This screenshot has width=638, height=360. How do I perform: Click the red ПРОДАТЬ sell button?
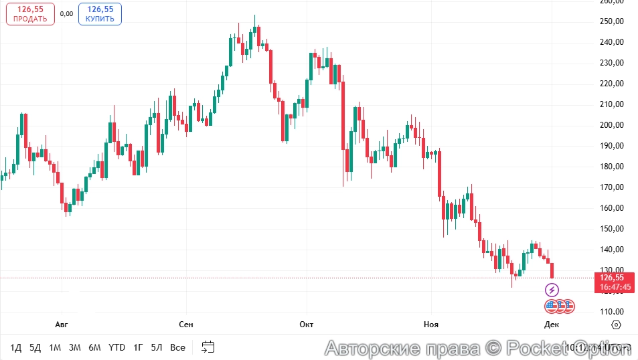click(x=30, y=14)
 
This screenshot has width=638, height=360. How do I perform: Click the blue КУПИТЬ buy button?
click(x=100, y=14)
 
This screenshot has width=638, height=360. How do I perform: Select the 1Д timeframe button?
click(x=16, y=347)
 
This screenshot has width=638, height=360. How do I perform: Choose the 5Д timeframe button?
click(x=35, y=347)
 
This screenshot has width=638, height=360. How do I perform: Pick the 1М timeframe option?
click(x=55, y=347)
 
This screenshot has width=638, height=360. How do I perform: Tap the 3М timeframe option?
click(x=75, y=347)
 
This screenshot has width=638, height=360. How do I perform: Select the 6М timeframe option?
click(x=95, y=347)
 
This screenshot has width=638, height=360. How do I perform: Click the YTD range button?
click(x=117, y=347)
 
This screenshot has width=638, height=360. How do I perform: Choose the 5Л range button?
click(x=157, y=347)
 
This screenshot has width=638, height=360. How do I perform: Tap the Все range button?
click(x=177, y=347)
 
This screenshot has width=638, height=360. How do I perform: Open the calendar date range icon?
click(x=208, y=347)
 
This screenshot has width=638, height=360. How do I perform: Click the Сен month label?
click(x=186, y=325)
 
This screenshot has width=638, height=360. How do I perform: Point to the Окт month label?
click(x=307, y=325)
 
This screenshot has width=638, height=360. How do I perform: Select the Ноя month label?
click(x=431, y=325)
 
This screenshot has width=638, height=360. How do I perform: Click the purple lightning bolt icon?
click(x=552, y=290)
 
